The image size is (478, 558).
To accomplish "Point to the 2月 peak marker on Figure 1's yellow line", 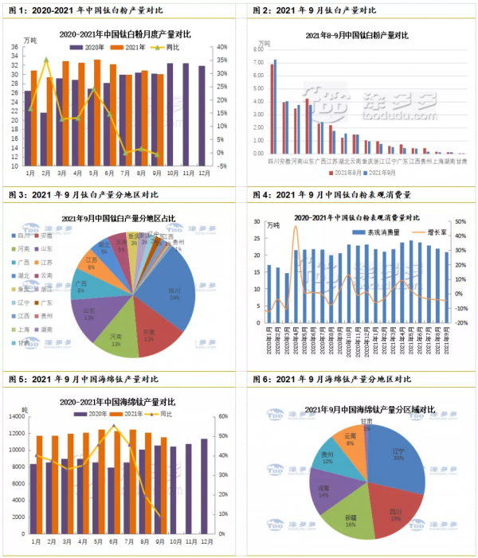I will pos(45,60).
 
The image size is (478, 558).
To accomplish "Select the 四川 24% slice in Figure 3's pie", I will pos(174,295).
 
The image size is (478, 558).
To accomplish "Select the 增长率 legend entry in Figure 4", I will pos(428,232).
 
